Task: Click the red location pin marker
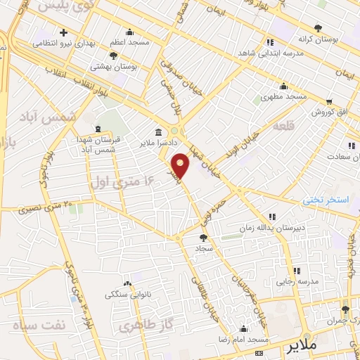pyautogui.click(x=181, y=165)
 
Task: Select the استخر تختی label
pyautogui.click(x=326, y=200)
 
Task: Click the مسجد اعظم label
pyautogui.click(x=130, y=43)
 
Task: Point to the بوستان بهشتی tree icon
pyautogui.click(x=112, y=55)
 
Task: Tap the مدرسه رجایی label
pyautogui.click(x=296, y=281)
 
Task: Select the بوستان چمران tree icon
pyautogui.click(x=345, y=309)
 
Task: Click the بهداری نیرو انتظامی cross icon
pyautogui.click(x=64, y=32)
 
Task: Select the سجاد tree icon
pyautogui.click(x=204, y=238)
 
